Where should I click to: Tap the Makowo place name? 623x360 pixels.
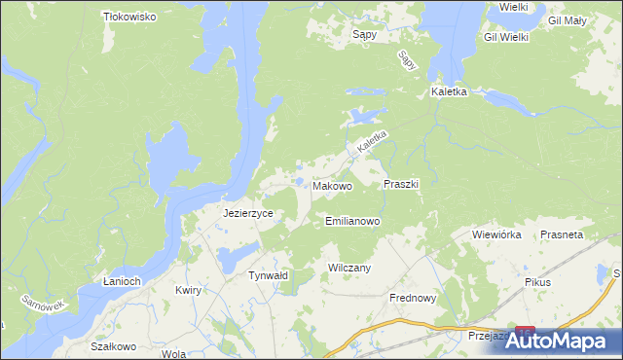click(332, 185)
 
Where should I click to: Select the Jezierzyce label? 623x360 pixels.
click(247, 213)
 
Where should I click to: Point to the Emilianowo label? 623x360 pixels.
click(352, 221)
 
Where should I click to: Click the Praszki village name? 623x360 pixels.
click(401, 183)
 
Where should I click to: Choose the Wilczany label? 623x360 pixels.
click(350, 267)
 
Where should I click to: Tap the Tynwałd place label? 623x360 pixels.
click(268, 275)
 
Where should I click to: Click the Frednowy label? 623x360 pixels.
click(414, 299)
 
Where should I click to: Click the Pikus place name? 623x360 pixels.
click(536, 282)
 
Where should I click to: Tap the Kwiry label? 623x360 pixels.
click(188, 291)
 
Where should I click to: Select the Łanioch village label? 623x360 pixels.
click(123, 281)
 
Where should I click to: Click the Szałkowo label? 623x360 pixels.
click(110, 346)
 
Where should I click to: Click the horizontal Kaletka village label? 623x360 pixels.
click(450, 92)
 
